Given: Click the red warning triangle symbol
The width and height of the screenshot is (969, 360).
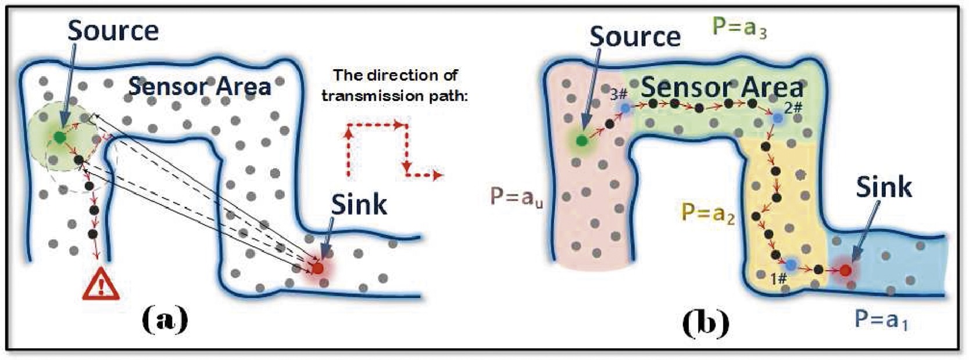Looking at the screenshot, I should pyautogui.click(x=101, y=284).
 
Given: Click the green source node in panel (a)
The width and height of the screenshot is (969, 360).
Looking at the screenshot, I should pyautogui.click(x=59, y=137).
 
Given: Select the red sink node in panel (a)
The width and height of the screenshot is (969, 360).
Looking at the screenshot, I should pyautogui.click(x=317, y=268).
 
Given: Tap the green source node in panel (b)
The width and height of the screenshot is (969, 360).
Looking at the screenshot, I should pyautogui.click(x=581, y=141).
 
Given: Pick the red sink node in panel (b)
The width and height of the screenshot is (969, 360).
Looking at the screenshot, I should pyautogui.click(x=845, y=270).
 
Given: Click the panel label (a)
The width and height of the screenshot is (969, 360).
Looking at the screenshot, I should pyautogui.click(x=165, y=320).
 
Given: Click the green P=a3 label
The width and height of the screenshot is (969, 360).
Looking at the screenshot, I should pyautogui.click(x=739, y=28).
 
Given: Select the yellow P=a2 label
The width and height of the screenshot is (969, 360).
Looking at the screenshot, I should pyautogui.click(x=708, y=213).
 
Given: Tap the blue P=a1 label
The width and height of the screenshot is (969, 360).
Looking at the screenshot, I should pyautogui.click(x=881, y=319).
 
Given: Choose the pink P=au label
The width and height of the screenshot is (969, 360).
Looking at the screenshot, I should pyautogui.click(x=517, y=198).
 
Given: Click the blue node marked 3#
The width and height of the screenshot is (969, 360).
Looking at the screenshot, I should pyautogui.click(x=625, y=108).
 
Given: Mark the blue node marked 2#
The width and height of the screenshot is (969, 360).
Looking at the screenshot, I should pyautogui.click(x=778, y=117).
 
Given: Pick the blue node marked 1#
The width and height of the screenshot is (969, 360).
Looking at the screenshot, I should pyautogui.click(x=791, y=264).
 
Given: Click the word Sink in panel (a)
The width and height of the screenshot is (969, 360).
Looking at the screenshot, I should pyautogui.click(x=359, y=205).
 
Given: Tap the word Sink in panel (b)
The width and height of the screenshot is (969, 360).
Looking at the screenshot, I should pyautogui.click(x=884, y=187).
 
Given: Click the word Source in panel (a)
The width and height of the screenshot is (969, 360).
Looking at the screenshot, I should pyautogui.click(x=113, y=30).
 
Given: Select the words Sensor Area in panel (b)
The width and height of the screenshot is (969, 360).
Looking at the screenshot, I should pyautogui.click(x=722, y=88).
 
